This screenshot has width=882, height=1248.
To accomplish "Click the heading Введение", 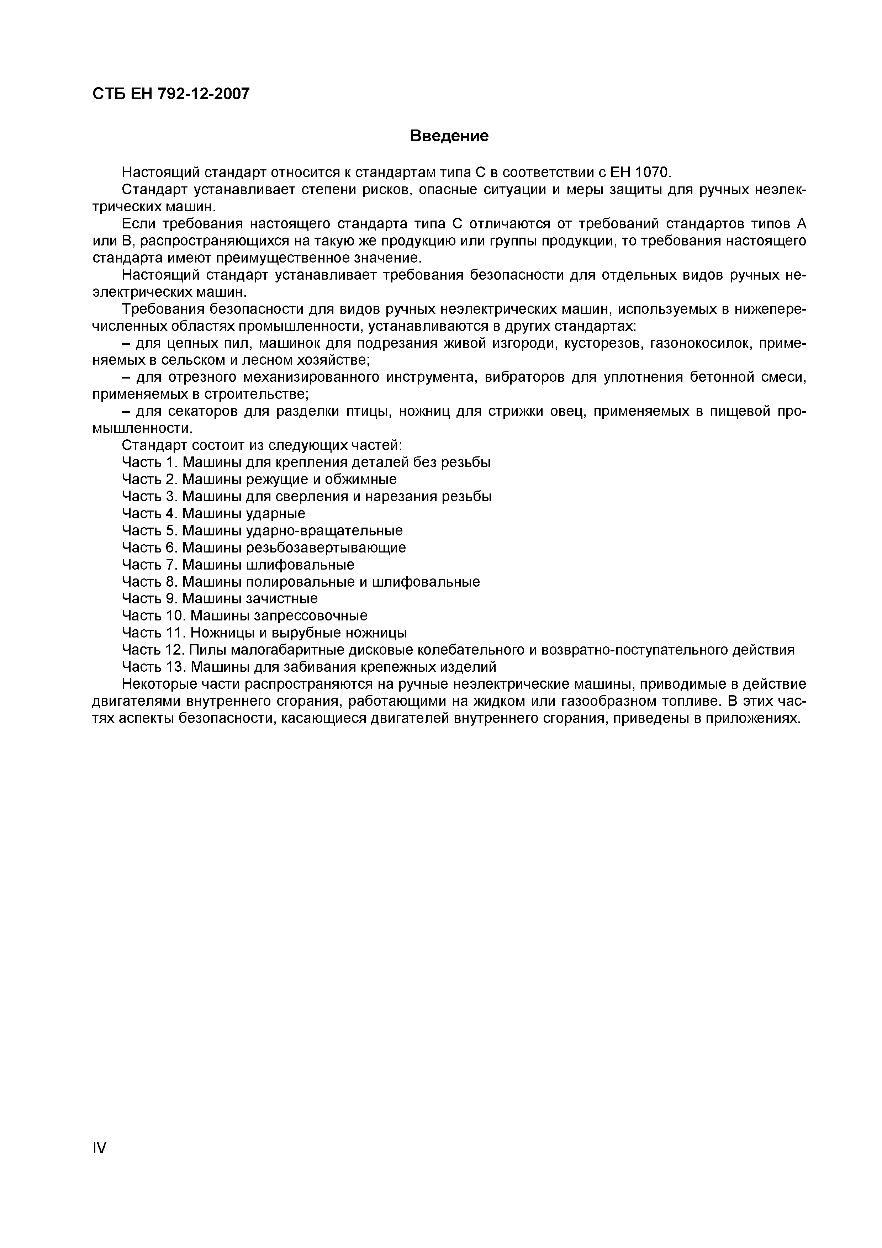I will click(x=449, y=136).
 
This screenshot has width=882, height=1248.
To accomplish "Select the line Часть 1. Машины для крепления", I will click(x=306, y=462).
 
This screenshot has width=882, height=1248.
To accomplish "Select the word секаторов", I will click(x=198, y=412).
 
